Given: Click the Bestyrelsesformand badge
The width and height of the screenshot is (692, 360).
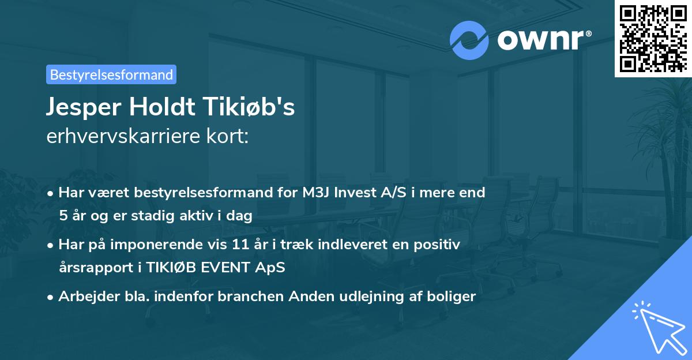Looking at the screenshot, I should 111,74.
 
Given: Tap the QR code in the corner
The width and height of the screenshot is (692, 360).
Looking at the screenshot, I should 653,39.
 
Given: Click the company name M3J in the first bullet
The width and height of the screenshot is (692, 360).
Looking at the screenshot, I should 317,192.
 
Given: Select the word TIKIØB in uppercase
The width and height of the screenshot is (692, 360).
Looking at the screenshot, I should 173,267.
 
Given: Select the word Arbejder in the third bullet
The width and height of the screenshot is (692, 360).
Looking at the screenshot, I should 84,297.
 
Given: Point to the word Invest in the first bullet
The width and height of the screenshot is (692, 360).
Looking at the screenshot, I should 355,192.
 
